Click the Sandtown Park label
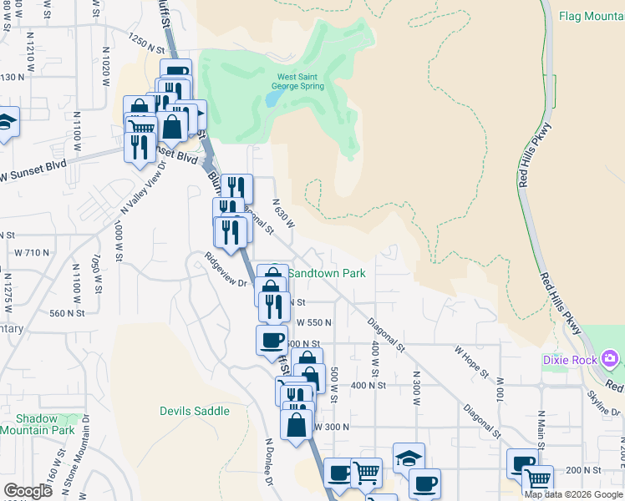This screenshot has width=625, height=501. pyautogui.click(x=327, y=273)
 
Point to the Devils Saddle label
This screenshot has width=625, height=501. pyautogui.click(x=195, y=411)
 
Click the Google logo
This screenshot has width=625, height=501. pyautogui.click(x=28, y=491)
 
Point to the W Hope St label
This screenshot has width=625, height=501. pyautogui.click(x=471, y=360)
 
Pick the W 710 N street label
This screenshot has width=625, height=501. pyautogui.click(x=33, y=252)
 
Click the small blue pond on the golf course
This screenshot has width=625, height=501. pyautogui.click(x=272, y=99)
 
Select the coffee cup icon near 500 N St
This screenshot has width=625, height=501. pyautogui.click(x=272, y=341)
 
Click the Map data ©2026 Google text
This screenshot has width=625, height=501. pyautogui.click(x=574, y=494)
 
